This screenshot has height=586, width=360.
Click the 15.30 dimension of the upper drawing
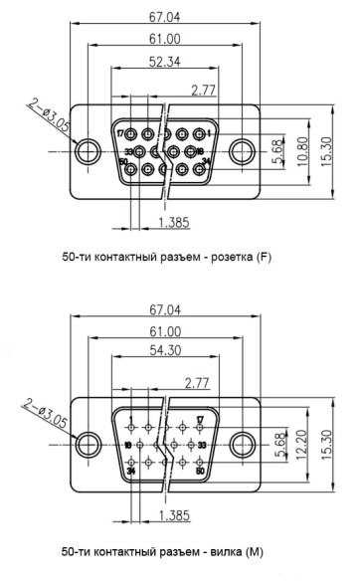click(327, 151)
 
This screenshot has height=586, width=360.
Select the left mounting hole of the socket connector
click(89, 152)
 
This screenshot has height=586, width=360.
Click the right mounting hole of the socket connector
click(242, 152)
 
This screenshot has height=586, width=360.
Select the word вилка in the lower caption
click(226, 550)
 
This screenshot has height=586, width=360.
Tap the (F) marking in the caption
click(263, 258)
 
